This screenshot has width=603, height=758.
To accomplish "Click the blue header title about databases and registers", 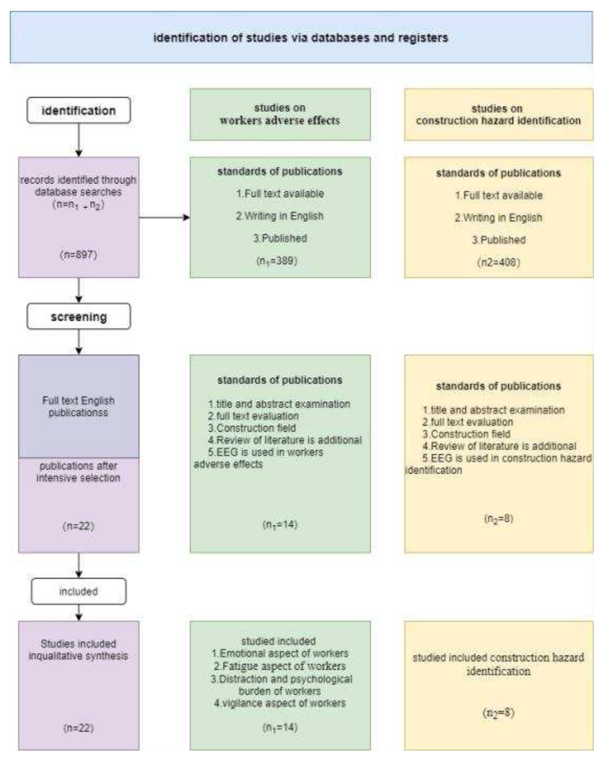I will point(301,38).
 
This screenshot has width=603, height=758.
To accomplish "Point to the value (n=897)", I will point(78,255).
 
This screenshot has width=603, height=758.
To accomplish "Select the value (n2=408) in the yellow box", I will point(498,262).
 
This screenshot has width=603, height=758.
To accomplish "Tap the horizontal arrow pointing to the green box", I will point(164,217).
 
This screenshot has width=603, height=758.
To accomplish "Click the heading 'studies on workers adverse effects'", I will point(280,114).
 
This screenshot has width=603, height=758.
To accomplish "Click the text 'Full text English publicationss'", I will point(78,406).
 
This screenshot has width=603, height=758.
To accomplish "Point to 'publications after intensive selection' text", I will point(78,472).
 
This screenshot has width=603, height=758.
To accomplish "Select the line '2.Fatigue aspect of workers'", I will point(280,666).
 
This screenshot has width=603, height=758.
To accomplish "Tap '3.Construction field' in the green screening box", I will point(252,428).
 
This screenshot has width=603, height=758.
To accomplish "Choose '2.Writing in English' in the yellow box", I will point(498,218).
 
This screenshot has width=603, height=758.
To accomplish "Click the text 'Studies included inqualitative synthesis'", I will point(78,650).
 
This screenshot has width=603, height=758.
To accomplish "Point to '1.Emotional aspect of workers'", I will point(280,653).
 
